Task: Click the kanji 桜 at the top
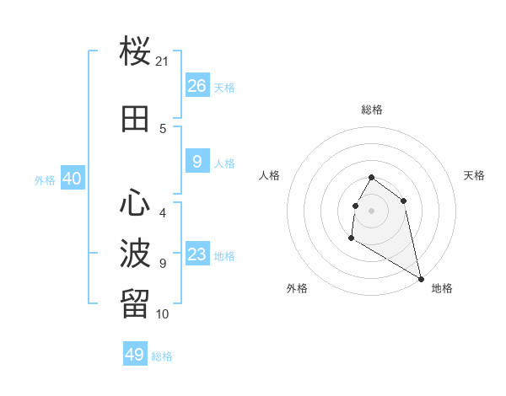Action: tap(136, 52)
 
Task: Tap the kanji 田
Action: tap(136, 120)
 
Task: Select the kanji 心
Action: tap(136, 202)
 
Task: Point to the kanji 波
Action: tap(136, 253)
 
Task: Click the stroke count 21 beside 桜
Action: tap(163, 62)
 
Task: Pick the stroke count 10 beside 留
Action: tap(163, 314)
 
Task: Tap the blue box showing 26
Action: tap(196, 86)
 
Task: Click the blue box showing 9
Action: tap(196, 162)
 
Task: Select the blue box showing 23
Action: tap(196, 254)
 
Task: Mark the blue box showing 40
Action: tap(72, 179)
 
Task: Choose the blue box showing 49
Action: tap(135, 355)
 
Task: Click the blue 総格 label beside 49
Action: tap(162, 356)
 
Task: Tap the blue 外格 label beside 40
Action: tap(45, 180)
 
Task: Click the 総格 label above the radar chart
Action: tap(372, 110)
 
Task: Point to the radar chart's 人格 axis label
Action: tap(270, 175)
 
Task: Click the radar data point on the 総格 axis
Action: tap(372, 178)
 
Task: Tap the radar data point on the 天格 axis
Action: tap(404, 201)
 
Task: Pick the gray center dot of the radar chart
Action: tap(372, 210)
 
